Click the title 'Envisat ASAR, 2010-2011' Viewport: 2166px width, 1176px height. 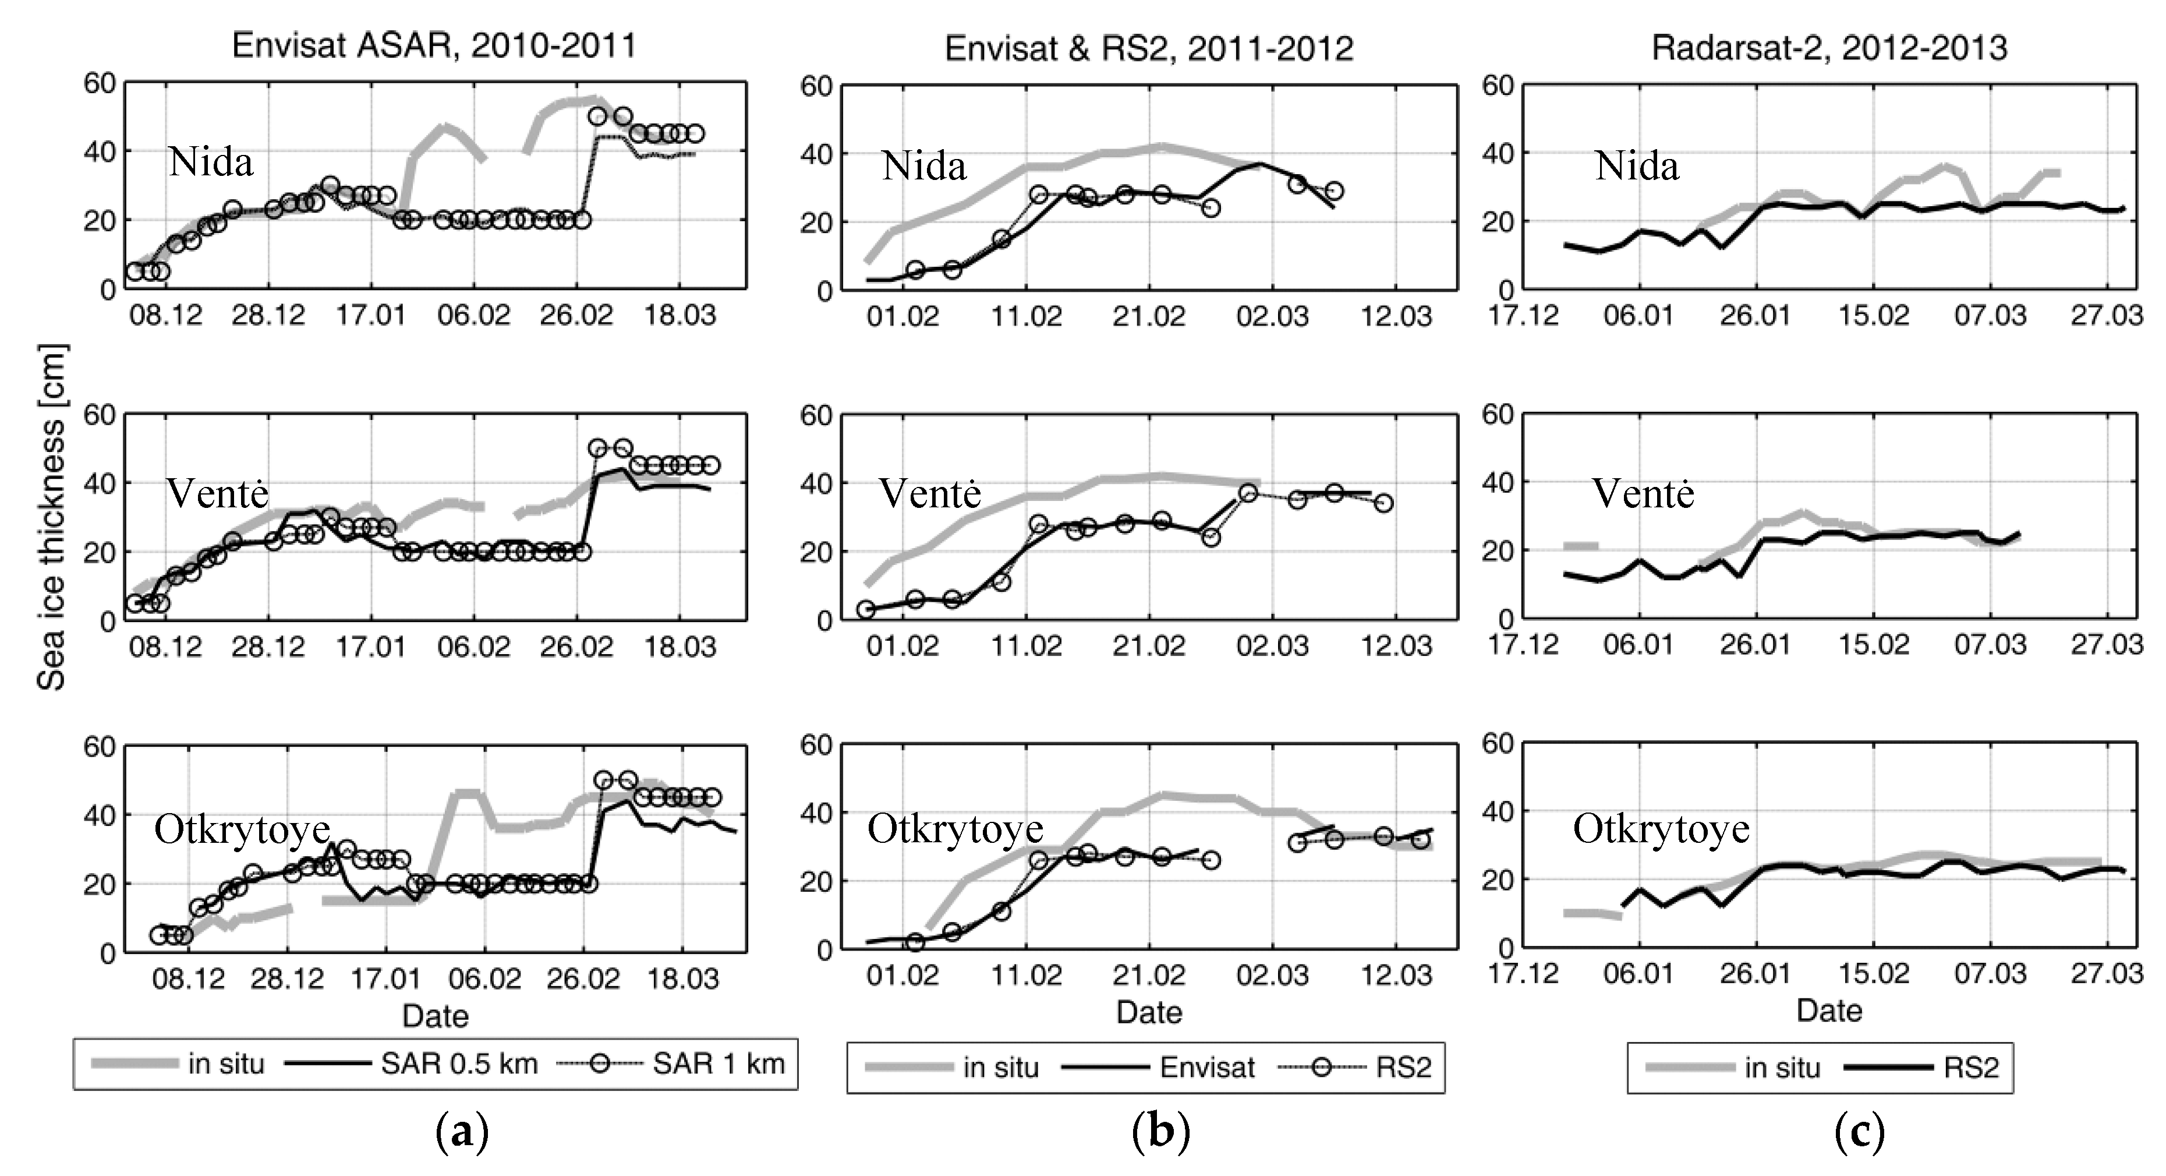pyautogui.click(x=434, y=45)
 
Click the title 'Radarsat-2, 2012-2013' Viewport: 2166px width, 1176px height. pyautogui.click(x=1829, y=48)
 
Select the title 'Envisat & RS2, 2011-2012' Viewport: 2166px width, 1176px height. pyautogui.click(x=1149, y=49)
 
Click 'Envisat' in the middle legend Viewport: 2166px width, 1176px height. pyautogui.click(x=1208, y=1068)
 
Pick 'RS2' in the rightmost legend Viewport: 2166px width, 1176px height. pyautogui.click(x=1971, y=1068)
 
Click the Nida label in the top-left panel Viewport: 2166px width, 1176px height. pyautogui.click(x=210, y=161)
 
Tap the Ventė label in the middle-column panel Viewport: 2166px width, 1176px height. pyautogui.click(x=929, y=493)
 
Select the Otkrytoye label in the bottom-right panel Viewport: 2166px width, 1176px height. pyautogui.click(x=1661, y=829)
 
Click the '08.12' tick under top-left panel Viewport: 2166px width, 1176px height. pyautogui.click(x=165, y=316)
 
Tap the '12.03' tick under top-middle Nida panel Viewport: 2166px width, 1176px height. pyautogui.click(x=1396, y=317)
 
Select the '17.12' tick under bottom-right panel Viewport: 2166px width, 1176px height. pyautogui.click(x=1523, y=974)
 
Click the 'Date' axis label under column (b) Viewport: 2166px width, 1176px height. pyautogui.click(x=1149, y=1012)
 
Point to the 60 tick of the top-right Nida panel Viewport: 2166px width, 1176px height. pyautogui.click(x=1496, y=86)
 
